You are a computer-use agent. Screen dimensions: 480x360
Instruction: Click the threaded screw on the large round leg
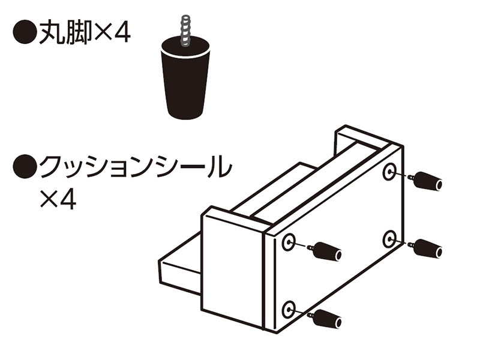pyautogui.click(x=185, y=30)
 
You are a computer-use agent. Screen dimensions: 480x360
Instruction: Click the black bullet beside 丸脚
pyautogui.click(x=25, y=32)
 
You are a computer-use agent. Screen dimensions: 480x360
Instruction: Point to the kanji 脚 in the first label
pyautogui.click(x=78, y=32)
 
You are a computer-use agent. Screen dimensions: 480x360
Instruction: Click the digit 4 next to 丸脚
pyautogui.click(x=122, y=32)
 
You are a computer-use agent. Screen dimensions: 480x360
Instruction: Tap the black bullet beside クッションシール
pyautogui.click(x=25, y=166)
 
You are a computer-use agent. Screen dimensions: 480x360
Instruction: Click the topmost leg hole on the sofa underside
pyautogui.click(x=389, y=172)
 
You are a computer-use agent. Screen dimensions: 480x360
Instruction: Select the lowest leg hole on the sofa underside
pyautogui.click(x=289, y=310)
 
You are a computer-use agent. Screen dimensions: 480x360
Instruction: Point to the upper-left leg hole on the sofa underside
pyautogui.click(x=289, y=242)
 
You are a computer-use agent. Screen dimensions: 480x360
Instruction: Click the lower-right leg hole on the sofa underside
pyautogui.click(x=389, y=239)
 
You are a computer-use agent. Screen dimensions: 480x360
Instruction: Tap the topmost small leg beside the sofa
pyautogui.click(x=425, y=181)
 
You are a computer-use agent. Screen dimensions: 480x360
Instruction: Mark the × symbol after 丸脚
pyautogui.click(x=103, y=33)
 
